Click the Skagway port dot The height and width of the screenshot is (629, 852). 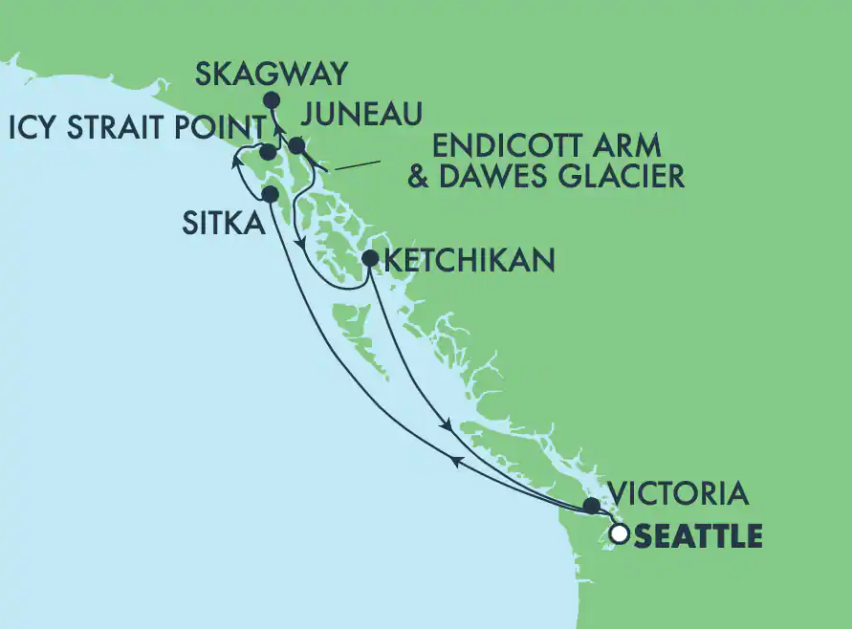click(x=272, y=99)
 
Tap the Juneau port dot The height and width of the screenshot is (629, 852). click(x=296, y=146)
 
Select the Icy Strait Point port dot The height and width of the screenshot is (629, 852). click(x=269, y=153)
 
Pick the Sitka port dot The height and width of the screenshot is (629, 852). click(x=271, y=194)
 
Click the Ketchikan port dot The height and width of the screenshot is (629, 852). click(x=370, y=258)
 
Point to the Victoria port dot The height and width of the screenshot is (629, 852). click(x=592, y=505)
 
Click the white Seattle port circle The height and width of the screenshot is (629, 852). click(x=619, y=534)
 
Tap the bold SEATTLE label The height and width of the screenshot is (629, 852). click(x=698, y=536)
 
